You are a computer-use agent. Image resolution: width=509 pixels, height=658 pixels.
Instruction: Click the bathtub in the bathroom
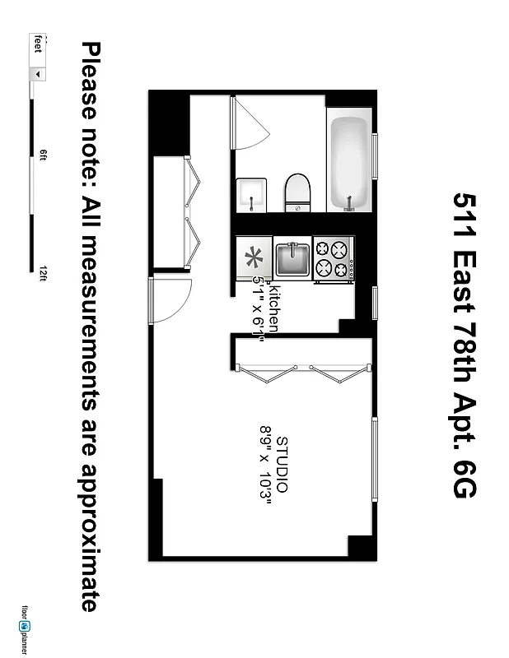click(349, 163)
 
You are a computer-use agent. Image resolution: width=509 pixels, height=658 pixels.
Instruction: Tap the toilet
click(297, 192)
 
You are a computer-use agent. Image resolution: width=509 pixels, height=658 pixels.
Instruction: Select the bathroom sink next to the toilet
click(250, 194)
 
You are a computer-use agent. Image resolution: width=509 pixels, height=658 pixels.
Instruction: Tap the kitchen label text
click(274, 308)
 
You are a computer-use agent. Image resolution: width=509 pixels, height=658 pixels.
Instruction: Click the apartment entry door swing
click(169, 300)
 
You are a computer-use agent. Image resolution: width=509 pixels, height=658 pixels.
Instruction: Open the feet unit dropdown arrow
click(36, 73)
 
